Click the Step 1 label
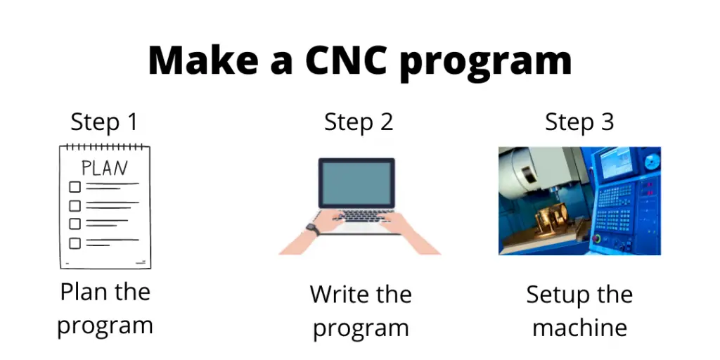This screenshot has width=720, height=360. (104, 122)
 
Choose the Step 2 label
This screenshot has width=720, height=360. (359, 122)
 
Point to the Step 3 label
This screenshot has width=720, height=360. (579, 122)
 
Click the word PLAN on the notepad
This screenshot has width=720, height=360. (105, 169)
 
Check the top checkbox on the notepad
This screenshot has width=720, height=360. (75, 187)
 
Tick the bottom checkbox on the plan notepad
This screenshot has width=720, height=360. (75, 243)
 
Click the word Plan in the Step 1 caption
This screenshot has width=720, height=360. (83, 292)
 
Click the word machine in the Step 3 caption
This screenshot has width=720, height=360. (579, 328)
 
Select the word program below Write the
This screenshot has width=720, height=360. (360, 329)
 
